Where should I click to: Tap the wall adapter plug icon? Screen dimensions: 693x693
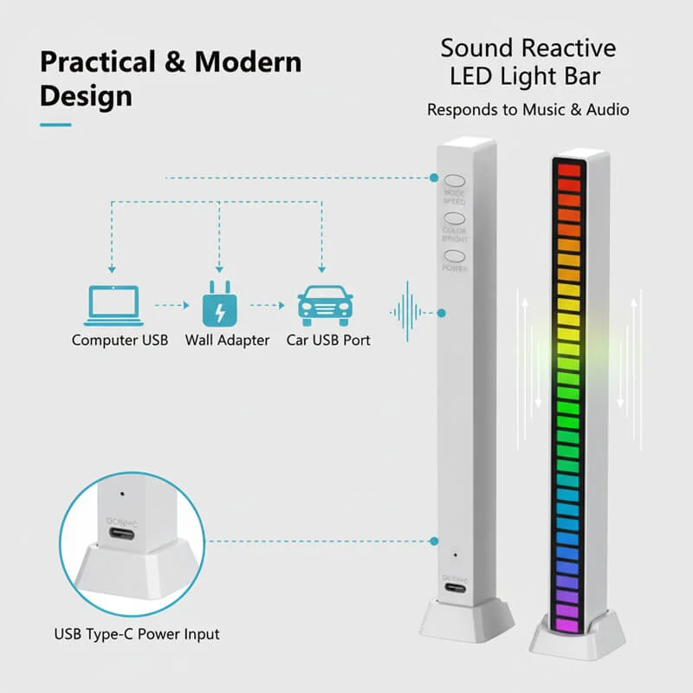click(218, 305)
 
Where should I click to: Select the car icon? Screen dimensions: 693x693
click(325, 305)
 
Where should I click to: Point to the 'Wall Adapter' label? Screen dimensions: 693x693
click(227, 340)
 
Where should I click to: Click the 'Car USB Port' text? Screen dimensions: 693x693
click(328, 340)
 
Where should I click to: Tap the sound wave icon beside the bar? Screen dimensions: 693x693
click(409, 312)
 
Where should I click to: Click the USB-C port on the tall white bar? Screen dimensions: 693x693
click(455, 589)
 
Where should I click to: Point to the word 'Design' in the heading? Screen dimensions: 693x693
click(86, 95)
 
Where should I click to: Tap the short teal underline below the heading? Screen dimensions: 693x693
click(55, 125)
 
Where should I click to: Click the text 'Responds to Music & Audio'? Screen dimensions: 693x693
click(528, 110)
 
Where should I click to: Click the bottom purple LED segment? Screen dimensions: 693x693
click(567, 624)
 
